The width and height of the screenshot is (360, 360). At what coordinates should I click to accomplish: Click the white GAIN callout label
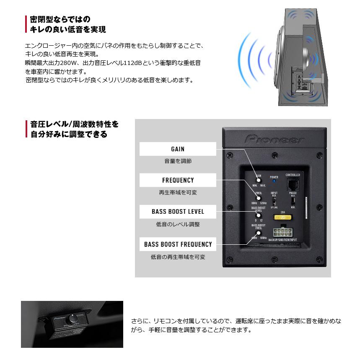(178, 149)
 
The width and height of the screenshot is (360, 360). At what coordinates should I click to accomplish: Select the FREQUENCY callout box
(178, 180)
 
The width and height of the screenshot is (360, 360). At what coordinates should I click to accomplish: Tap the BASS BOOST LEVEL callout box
(178, 212)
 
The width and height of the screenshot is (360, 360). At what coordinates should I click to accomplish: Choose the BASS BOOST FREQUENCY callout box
(178, 244)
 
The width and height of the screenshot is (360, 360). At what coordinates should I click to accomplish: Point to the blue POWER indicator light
(274, 182)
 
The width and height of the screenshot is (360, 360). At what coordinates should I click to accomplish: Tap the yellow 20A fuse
(283, 218)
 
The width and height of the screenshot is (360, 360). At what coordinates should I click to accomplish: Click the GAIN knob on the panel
(259, 180)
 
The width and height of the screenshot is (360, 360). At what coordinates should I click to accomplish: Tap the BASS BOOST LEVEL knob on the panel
(259, 215)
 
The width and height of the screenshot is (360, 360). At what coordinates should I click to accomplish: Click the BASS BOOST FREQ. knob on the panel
(259, 233)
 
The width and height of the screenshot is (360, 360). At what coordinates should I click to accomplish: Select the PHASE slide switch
(293, 201)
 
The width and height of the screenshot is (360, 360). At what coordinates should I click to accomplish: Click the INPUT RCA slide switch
(274, 201)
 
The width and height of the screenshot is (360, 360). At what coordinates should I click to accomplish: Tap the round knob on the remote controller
(74, 319)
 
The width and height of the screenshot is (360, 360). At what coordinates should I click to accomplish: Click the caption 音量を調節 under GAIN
(178, 161)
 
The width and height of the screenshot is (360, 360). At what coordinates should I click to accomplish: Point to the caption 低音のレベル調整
(178, 224)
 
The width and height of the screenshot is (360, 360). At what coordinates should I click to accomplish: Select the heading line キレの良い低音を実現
(67, 29)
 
